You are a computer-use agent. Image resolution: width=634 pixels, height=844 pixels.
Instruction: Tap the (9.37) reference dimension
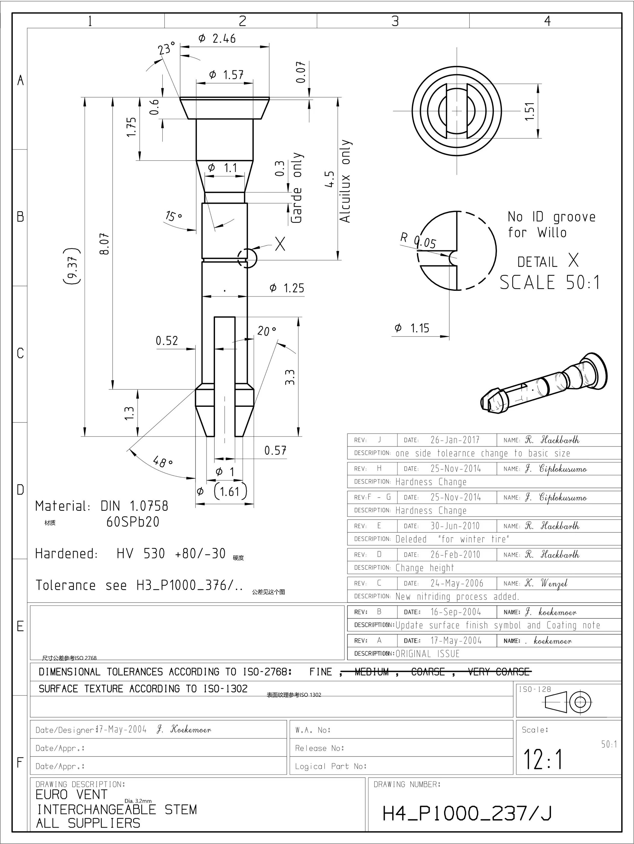72,266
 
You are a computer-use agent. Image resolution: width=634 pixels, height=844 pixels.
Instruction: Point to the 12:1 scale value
543,760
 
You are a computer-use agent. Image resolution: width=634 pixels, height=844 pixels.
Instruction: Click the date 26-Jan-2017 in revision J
455,440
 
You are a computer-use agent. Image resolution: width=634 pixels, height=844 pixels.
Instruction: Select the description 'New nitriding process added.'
457,596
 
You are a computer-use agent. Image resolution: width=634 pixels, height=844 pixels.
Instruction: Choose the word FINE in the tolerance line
321,672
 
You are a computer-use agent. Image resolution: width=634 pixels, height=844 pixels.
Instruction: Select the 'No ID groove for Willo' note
551,225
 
